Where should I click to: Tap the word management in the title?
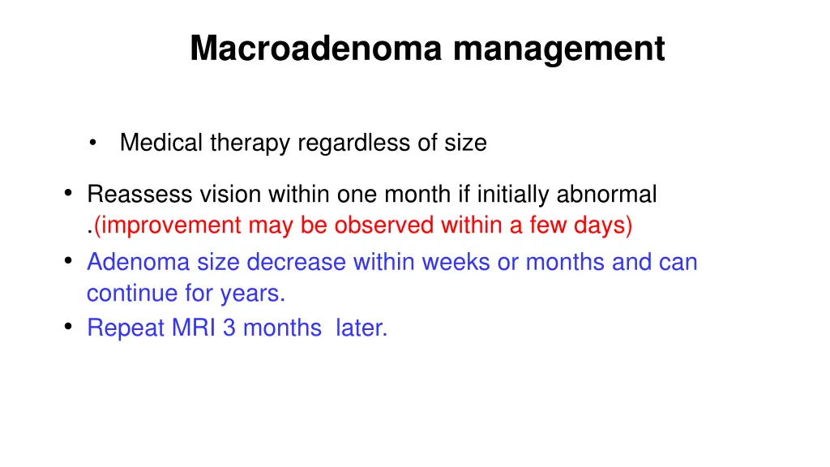click(x=558, y=48)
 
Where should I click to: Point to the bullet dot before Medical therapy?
click(x=96, y=144)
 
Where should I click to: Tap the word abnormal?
click(x=606, y=195)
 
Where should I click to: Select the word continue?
click(x=130, y=293)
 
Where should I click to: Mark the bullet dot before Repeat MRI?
click(x=69, y=326)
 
